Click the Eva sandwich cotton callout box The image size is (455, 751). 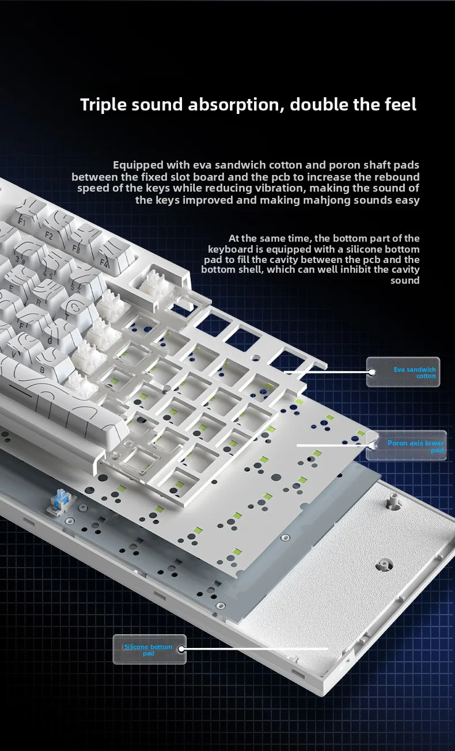click(403, 372)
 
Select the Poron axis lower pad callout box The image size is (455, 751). click(406, 445)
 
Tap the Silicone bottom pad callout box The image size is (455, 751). click(149, 649)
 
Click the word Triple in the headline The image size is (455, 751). click(104, 105)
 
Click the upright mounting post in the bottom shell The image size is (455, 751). click(391, 502)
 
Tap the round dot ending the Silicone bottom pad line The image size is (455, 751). click(181, 649)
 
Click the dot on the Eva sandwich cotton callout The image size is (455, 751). click(371, 372)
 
